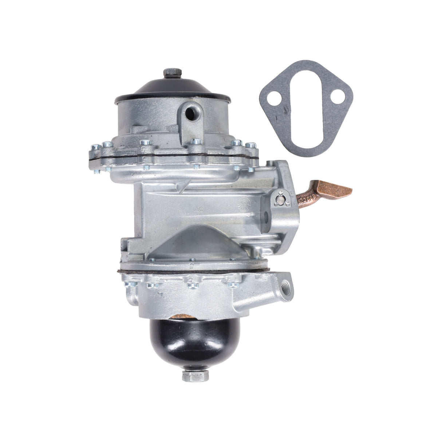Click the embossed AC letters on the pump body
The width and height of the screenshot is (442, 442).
(x=199, y=209)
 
